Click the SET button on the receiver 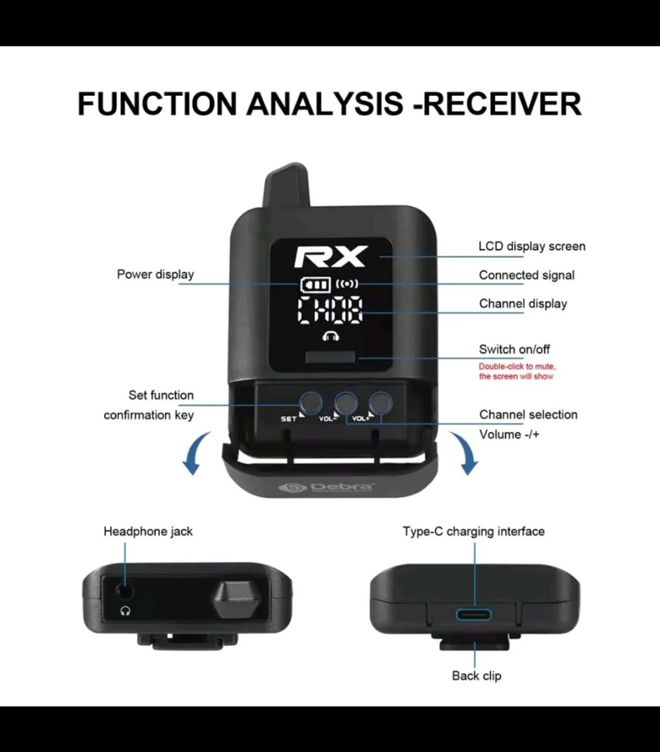[x=310, y=402]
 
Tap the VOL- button [x=346, y=402]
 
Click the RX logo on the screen [x=331, y=257]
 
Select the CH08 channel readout [x=330, y=310]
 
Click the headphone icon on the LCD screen [x=331, y=336]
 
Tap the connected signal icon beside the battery [x=347, y=284]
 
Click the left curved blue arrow [x=196, y=453]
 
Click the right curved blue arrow [x=463, y=453]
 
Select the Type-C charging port [x=474, y=615]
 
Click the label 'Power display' [x=155, y=274]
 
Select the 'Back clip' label [x=476, y=676]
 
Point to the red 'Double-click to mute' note [x=517, y=371]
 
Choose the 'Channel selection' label [x=528, y=415]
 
